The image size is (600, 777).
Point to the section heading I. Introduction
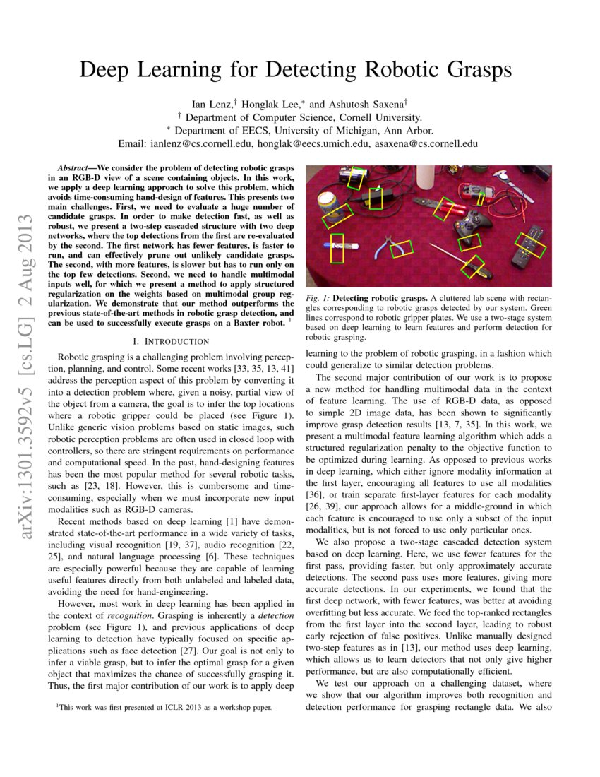tap(172, 342)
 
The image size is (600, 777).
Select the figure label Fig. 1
tap(318, 299)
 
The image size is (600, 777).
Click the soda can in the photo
tap(326, 204)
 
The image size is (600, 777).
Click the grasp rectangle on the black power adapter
tap(376, 197)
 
